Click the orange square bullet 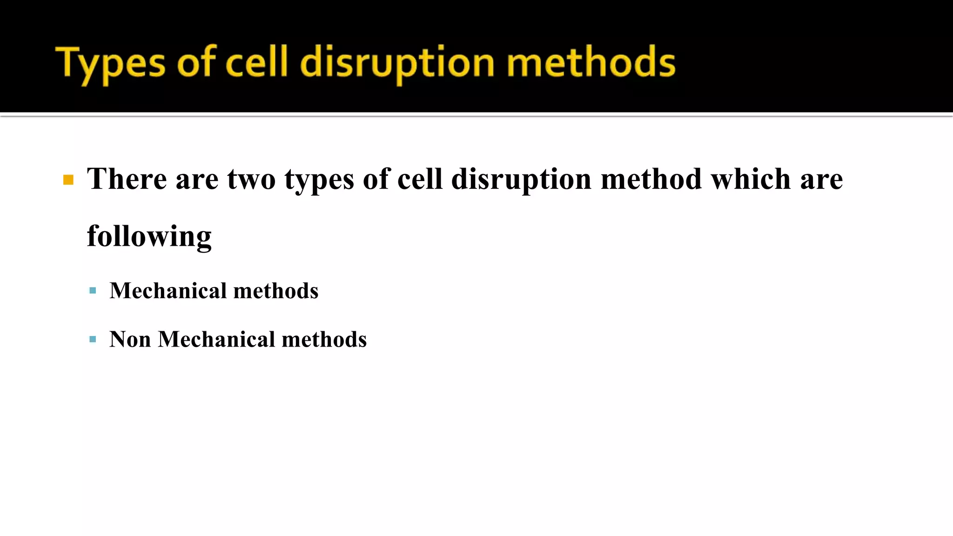[x=68, y=180]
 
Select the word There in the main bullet [x=127, y=179]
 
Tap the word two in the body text [x=251, y=179]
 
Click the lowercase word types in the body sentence [x=319, y=180]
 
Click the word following [x=149, y=236]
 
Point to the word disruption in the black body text [x=521, y=180]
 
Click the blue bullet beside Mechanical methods [x=93, y=291]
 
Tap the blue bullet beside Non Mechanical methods [x=93, y=339]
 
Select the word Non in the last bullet [x=130, y=339]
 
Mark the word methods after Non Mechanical [x=324, y=339]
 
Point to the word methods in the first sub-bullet [x=276, y=291]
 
